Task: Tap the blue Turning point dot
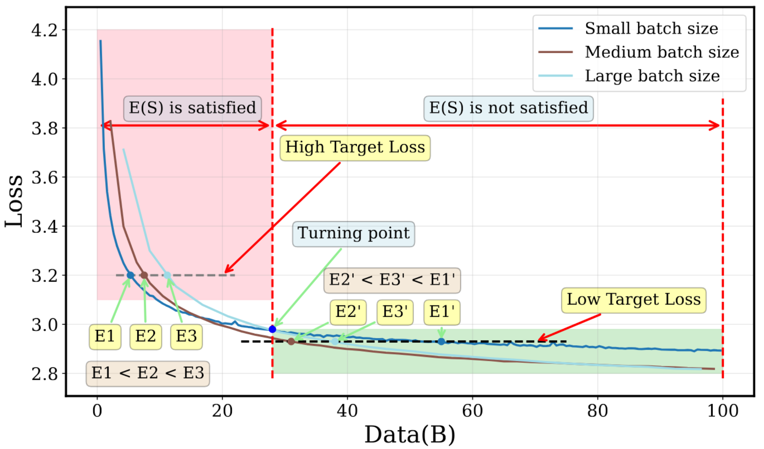pos(272,329)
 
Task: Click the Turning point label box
pos(353,234)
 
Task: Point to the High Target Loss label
pos(355,147)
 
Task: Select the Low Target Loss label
pos(633,300)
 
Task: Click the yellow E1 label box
pos(105,336)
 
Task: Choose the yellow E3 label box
pos(186,336)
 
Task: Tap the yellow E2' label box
pos(348,312)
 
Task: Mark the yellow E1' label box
pos(442,312)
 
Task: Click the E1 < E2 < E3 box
pos(147,374)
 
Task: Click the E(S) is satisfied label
pos(192,108)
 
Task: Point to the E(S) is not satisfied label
pos(508,108)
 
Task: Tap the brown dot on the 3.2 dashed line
pos(144,275)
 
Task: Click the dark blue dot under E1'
pos(441,341)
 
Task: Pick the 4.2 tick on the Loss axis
pos(45,30)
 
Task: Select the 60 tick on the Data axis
pos(472,411)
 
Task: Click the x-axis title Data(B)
pos(410,434)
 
